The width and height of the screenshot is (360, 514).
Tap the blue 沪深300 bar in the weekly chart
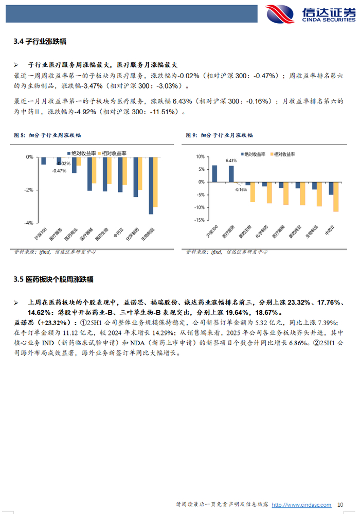43,161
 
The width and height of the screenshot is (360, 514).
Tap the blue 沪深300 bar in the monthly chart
214,173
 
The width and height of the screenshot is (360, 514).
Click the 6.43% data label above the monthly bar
231,161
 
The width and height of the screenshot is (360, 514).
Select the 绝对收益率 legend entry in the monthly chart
253,154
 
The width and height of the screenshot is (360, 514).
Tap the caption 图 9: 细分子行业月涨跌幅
219,135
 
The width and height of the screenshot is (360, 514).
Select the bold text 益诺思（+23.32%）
41,322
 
